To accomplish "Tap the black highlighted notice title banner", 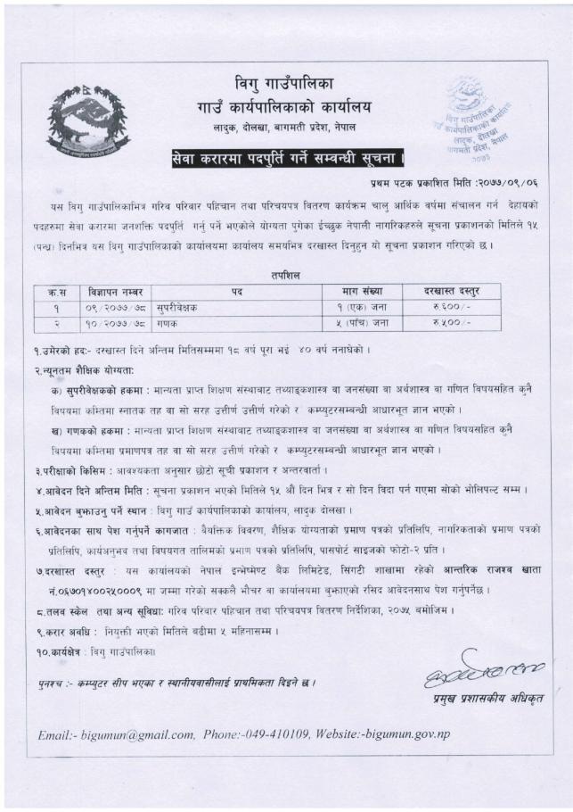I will click(288, 159).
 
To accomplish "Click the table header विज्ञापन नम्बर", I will click(115, 291).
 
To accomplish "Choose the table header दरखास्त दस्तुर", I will click(451, 291).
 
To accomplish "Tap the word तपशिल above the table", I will click(287, 276).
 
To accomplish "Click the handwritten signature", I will click(471, 664).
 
